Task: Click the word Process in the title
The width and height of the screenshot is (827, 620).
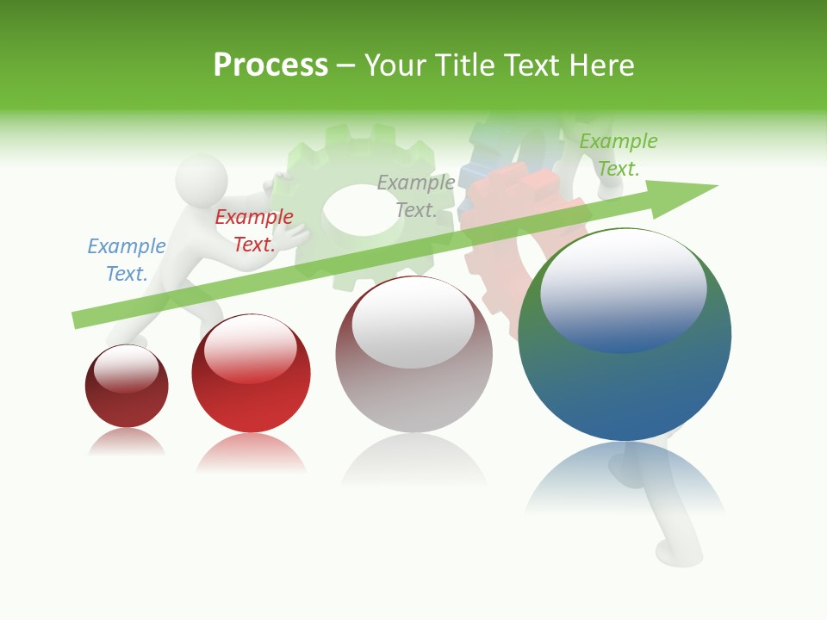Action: click(x=270, y=65)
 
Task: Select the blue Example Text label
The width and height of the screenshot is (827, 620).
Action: click(x=126, y=259)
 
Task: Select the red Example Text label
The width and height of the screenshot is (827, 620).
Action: click(x=253, y=230)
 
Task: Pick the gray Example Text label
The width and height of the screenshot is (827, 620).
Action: click(x=415, y=195)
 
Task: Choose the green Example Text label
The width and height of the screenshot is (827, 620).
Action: click(x=618, y=154)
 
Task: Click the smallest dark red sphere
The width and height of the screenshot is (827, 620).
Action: click(x=127, y=387)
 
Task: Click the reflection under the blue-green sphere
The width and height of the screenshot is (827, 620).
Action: click(x=625, y=478)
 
